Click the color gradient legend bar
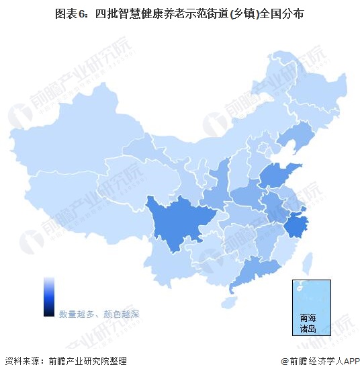[x=48, y=296]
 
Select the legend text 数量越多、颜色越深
[x=99, y=314]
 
